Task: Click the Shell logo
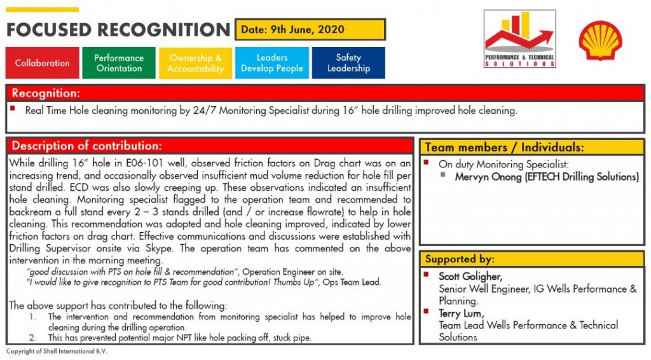pos(600,40)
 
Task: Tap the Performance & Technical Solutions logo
pos(519,39)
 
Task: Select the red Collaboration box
pos(43,63)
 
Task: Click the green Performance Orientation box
pos(119,63)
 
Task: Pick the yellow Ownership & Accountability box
pos(195,63)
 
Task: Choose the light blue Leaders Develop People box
pos(271,63)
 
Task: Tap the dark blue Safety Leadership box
pos(348,63)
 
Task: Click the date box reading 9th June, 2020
pos(310,29)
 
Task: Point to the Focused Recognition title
pos(118,30)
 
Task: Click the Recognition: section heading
pos(46,93)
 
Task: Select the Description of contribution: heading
pos(87,145)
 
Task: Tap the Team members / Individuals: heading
pos(504,147)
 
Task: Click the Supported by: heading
pos(459,259)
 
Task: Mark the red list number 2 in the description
pos(33,338)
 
